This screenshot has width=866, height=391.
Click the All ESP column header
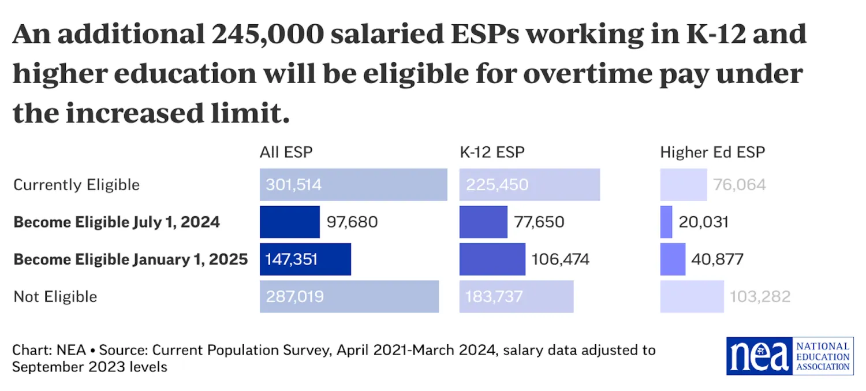(286, 152)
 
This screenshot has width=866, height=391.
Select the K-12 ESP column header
(492, 152)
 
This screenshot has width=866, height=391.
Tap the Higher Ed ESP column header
(712, 152)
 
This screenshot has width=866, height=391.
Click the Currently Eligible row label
(76, 185)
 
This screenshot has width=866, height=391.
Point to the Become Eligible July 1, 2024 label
(117, 222)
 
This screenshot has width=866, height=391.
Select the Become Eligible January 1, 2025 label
(130, 259)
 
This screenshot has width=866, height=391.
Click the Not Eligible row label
(55, 297)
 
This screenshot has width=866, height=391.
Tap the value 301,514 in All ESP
(293, 185)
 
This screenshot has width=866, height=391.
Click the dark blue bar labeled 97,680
(289, 222)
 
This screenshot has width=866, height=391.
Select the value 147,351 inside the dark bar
(292, 259)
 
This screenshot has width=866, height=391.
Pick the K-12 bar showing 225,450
(529, 185)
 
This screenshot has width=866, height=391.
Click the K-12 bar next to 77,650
(483, 222)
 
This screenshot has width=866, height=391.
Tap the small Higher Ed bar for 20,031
(666, 222)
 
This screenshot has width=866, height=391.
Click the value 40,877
(716, 259)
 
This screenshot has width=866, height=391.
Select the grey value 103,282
(760, 297)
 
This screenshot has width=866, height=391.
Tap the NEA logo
(789, 356)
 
